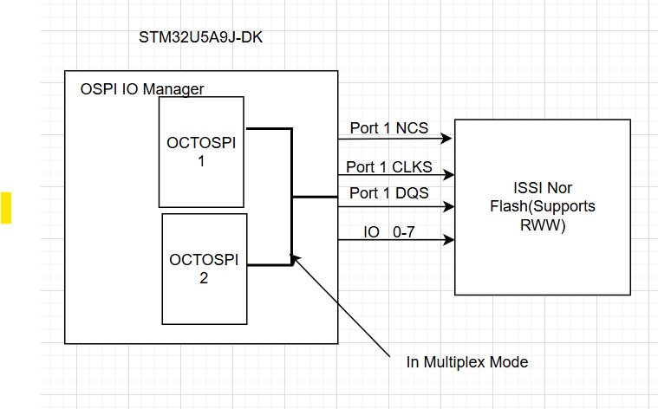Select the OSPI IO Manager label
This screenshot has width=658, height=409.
142,88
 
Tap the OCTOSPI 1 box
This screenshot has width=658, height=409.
201,152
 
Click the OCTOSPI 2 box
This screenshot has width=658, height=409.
205,269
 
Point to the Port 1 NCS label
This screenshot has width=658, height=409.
388,127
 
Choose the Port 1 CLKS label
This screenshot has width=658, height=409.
388,166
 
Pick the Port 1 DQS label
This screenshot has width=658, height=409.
388,193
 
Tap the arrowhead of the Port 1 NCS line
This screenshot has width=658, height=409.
447,139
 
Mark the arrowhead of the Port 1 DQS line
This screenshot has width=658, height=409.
447,206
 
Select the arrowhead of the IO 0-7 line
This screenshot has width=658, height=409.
447,240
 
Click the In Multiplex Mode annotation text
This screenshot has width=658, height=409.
467,362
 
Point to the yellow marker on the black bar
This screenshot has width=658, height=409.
6,207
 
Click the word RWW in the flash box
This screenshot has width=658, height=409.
542,226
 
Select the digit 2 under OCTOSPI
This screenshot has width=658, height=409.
205,278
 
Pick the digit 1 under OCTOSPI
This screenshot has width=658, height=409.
201,161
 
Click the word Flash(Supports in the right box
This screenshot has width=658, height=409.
542,207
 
